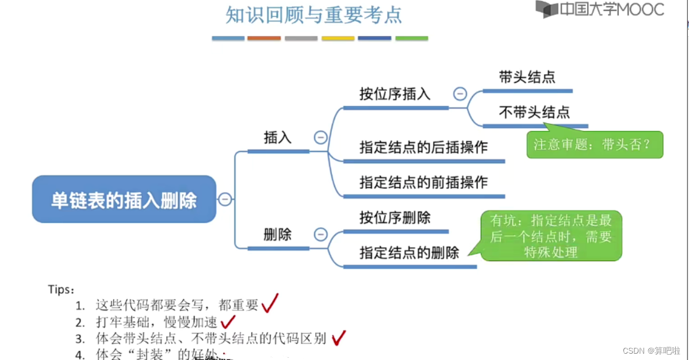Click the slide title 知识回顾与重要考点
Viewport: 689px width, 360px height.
coord(313,15)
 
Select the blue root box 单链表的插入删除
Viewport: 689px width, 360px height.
coord(124,200)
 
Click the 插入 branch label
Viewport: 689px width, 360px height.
coord(278,137)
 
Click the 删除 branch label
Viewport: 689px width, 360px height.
coord(278,235)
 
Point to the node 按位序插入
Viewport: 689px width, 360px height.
coord(395,94)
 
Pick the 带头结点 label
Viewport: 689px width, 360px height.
coord(527,77)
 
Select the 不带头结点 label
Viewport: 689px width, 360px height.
coord(534,112)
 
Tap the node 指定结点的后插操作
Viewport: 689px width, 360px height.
coord(424,147)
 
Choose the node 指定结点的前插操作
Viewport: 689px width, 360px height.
coord(424,182)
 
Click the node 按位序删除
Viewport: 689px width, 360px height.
coord(395,217)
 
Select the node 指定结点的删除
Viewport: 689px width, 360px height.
coord(409,252)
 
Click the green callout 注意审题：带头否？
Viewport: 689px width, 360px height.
coord(595,144)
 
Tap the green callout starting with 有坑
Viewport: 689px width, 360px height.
coord(551,236)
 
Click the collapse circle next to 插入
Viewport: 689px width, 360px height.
coord(320,137)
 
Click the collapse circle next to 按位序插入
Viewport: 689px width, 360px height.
coord(460,94)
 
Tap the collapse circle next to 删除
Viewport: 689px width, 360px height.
coord(320,235)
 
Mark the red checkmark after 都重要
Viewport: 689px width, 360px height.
coord(270,303)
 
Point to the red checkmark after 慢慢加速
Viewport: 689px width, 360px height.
coord(228,321)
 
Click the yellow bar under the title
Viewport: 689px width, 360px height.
coord(338,39)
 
